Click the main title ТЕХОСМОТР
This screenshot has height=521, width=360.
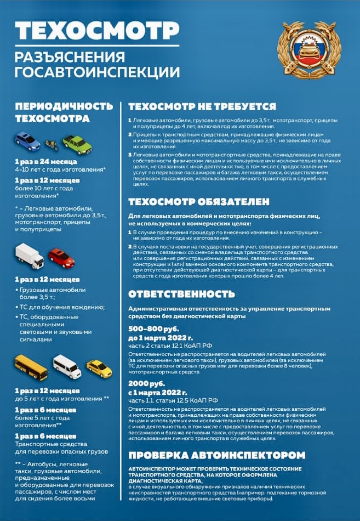click(89, 32)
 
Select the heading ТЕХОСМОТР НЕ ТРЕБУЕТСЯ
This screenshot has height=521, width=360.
click(202, 106)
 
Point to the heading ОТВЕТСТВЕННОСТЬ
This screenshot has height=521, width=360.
click(181, 293)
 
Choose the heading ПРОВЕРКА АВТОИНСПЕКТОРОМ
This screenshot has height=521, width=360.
click(216, 455)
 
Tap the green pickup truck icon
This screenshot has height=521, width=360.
click(77, 144)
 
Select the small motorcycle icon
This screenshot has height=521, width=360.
click(51, 145)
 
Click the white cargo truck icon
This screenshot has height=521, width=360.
click(30, 255)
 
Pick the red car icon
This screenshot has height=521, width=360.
click(61, 257)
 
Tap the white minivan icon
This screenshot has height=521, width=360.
click(66, 365)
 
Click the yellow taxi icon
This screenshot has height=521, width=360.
click(99, 368)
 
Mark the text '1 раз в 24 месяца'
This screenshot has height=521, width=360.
click(46, 162)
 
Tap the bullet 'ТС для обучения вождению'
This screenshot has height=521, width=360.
click(62, 307)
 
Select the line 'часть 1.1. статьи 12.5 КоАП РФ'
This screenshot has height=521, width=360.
click(173, 400)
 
